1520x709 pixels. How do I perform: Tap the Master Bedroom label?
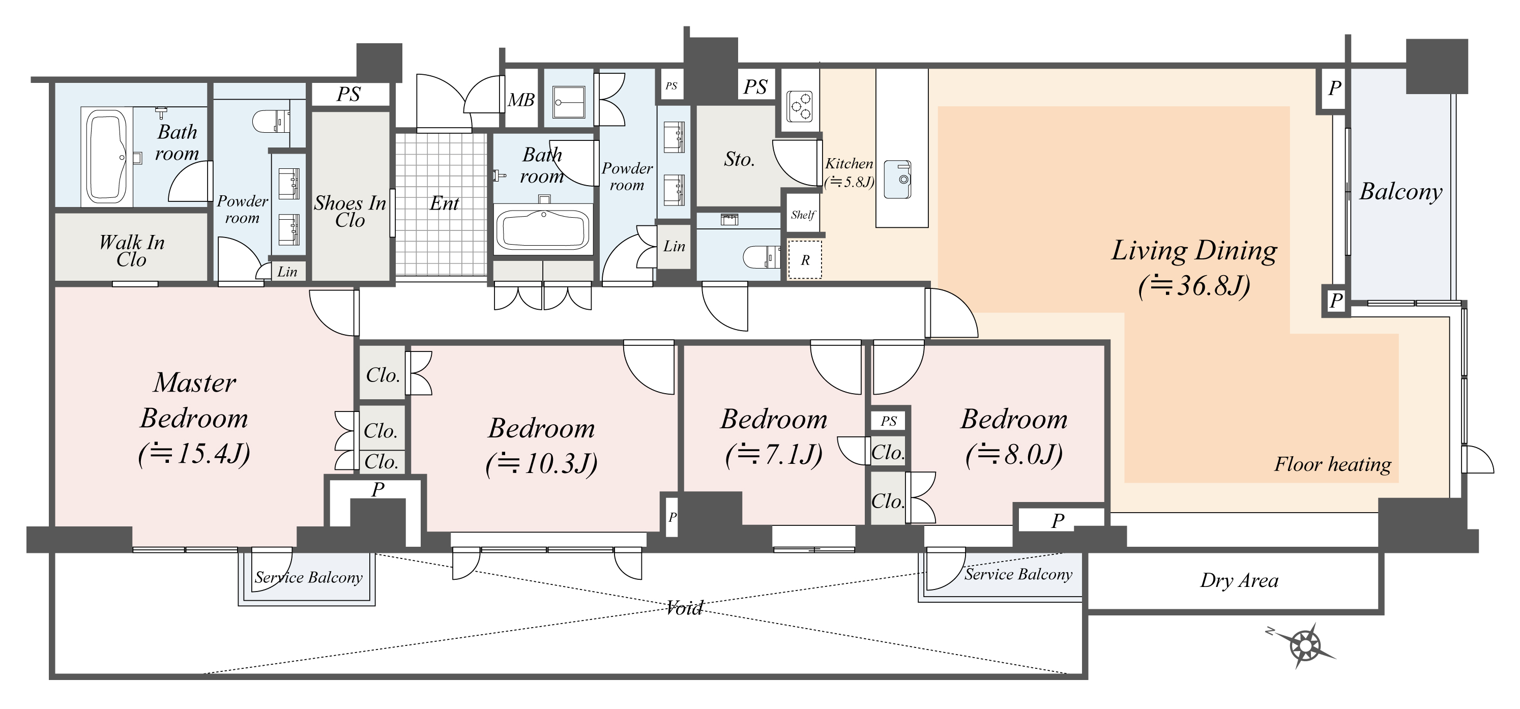(x=194, y=400)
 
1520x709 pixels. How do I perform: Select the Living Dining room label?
(x=1194, y=251)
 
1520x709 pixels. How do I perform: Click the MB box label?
(x=521, y=100)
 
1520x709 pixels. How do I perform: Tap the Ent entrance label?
(x=444, y=203)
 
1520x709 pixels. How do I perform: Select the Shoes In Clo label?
(x=350, y=211)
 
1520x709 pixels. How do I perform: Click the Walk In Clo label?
(x=132, y=251)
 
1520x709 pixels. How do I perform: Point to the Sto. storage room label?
(x=739, y=159)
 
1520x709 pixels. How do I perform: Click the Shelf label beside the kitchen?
(x=803, y=215)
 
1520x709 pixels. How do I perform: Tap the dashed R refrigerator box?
(x=805, y=259)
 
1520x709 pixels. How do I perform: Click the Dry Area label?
(x=1239, y=581)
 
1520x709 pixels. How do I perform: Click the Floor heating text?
(x=1332, y=464)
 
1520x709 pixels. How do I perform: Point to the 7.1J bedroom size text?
(x=774, y=455)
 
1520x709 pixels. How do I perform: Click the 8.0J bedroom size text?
(x=1014, y=455)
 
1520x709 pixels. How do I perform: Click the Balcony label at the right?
(x=1401, y=192)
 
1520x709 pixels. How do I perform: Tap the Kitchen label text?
(x=849, y=163)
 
